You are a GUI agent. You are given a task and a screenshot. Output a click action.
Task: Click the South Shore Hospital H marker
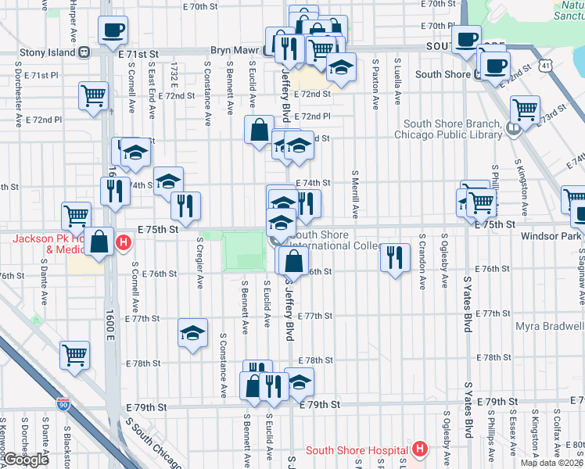pos(420,449)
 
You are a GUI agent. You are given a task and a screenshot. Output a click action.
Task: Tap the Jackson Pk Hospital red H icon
pos(123,243)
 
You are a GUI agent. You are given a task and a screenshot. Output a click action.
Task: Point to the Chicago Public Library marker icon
pos(512,129)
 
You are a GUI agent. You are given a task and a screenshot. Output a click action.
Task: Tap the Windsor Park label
pos(556,235)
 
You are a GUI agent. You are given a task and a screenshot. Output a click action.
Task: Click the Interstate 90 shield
pos(63,404)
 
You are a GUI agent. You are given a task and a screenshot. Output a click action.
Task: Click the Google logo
pos(26,460)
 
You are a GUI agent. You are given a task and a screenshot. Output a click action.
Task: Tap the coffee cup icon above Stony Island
pos(113,31)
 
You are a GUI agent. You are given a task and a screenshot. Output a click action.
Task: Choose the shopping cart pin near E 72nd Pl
pos(93,96)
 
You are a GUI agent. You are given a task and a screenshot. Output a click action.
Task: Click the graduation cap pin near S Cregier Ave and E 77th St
pos(192,333)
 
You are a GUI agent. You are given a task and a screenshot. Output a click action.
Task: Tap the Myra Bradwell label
pos(548,326)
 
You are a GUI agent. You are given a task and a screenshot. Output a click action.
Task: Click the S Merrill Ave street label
pos(355,194)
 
